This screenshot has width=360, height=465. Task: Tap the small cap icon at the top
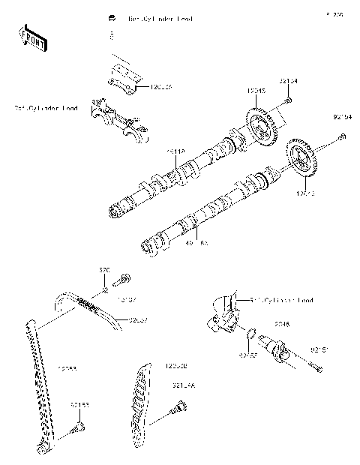pos(112,17)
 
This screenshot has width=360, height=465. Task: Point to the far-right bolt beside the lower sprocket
pos(342,136)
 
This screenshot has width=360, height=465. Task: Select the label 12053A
pos(158,88)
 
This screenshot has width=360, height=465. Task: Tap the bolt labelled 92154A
pos(178,408)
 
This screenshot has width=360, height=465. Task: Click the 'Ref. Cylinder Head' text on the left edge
pos(46,108)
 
